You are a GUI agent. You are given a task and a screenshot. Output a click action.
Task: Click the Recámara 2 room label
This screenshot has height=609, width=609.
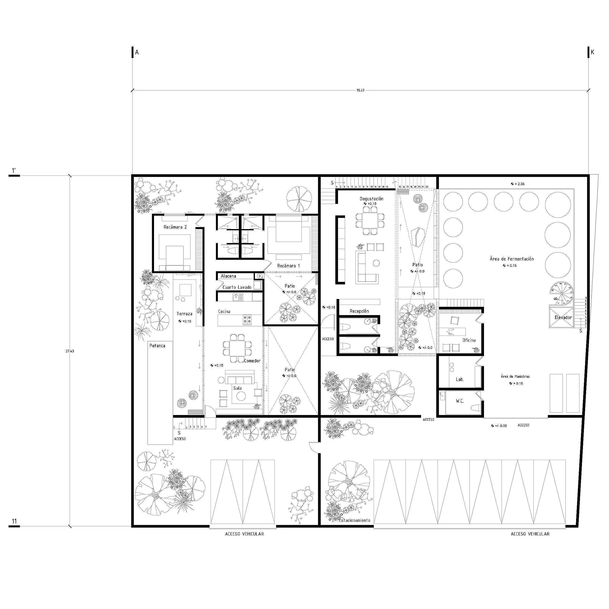coord(175,227)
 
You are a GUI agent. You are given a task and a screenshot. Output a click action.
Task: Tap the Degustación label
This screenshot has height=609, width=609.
coord(372,199)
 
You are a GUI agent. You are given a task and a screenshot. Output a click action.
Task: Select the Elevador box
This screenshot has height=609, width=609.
coord(563,318)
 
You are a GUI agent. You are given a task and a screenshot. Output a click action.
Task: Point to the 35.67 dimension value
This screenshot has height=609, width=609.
coord(360,90)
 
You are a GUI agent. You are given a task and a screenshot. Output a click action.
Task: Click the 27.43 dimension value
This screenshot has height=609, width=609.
coord(70,351)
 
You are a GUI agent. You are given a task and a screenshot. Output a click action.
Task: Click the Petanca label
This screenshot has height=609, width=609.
coord(157,346)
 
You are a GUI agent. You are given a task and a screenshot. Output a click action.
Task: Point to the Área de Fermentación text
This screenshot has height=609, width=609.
coord(512,259)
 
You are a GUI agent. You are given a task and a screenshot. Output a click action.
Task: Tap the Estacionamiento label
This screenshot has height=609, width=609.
coord(354,520)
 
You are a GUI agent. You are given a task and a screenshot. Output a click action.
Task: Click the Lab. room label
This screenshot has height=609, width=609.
coord(460,379)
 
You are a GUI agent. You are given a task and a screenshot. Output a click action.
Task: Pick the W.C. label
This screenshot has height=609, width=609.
coord(460,401)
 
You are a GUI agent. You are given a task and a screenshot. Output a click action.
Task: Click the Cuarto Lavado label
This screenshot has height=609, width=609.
coord(237,287)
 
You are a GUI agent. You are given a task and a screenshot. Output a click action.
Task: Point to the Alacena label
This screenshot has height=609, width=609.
coord(228,276)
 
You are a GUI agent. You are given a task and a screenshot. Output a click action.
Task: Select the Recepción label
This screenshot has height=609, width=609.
coord(359,311)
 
